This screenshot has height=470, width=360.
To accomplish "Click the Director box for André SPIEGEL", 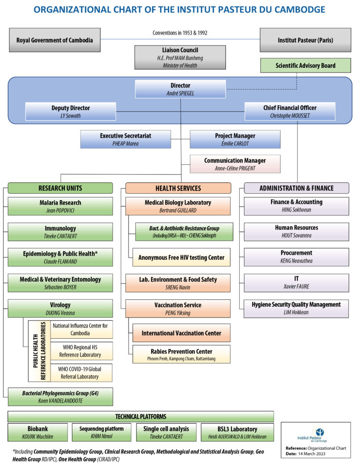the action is click(x=180, y=89).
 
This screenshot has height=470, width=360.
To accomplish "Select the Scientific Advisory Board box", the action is click(x=305, y=65).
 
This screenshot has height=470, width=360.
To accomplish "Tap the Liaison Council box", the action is click(x=180, y=57).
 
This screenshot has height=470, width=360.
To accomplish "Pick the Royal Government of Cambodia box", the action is click(x=55, y=40).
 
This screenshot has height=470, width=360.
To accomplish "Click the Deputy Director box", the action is click(x=71, y=112).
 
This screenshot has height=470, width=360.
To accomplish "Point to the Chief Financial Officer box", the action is click(x=290, y=112).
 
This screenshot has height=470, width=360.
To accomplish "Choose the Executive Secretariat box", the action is click(x=125, y=140).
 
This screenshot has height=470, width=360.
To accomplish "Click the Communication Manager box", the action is click(x=235, y=164).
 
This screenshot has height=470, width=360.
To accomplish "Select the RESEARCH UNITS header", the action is click(x=60, y=188).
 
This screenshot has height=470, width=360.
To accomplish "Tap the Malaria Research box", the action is click(x=60, y=206).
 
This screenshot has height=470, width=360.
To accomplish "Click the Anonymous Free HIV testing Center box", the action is click(x=181, y=257).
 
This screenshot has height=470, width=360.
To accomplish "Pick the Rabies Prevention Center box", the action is click(x=181, y=354).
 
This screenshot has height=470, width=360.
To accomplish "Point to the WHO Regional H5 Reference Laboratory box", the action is click(x=81, y=351).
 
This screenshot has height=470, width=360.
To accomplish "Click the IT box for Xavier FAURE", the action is click(x=296, y=283).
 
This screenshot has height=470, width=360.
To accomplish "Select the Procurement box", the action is click(x=296, y=257).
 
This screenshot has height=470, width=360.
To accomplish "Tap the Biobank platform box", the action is click(x=38, y=432).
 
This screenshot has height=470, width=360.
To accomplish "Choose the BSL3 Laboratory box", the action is click(x=237, y=432).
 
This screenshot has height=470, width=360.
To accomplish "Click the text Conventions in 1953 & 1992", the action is click(x=180, y=33).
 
